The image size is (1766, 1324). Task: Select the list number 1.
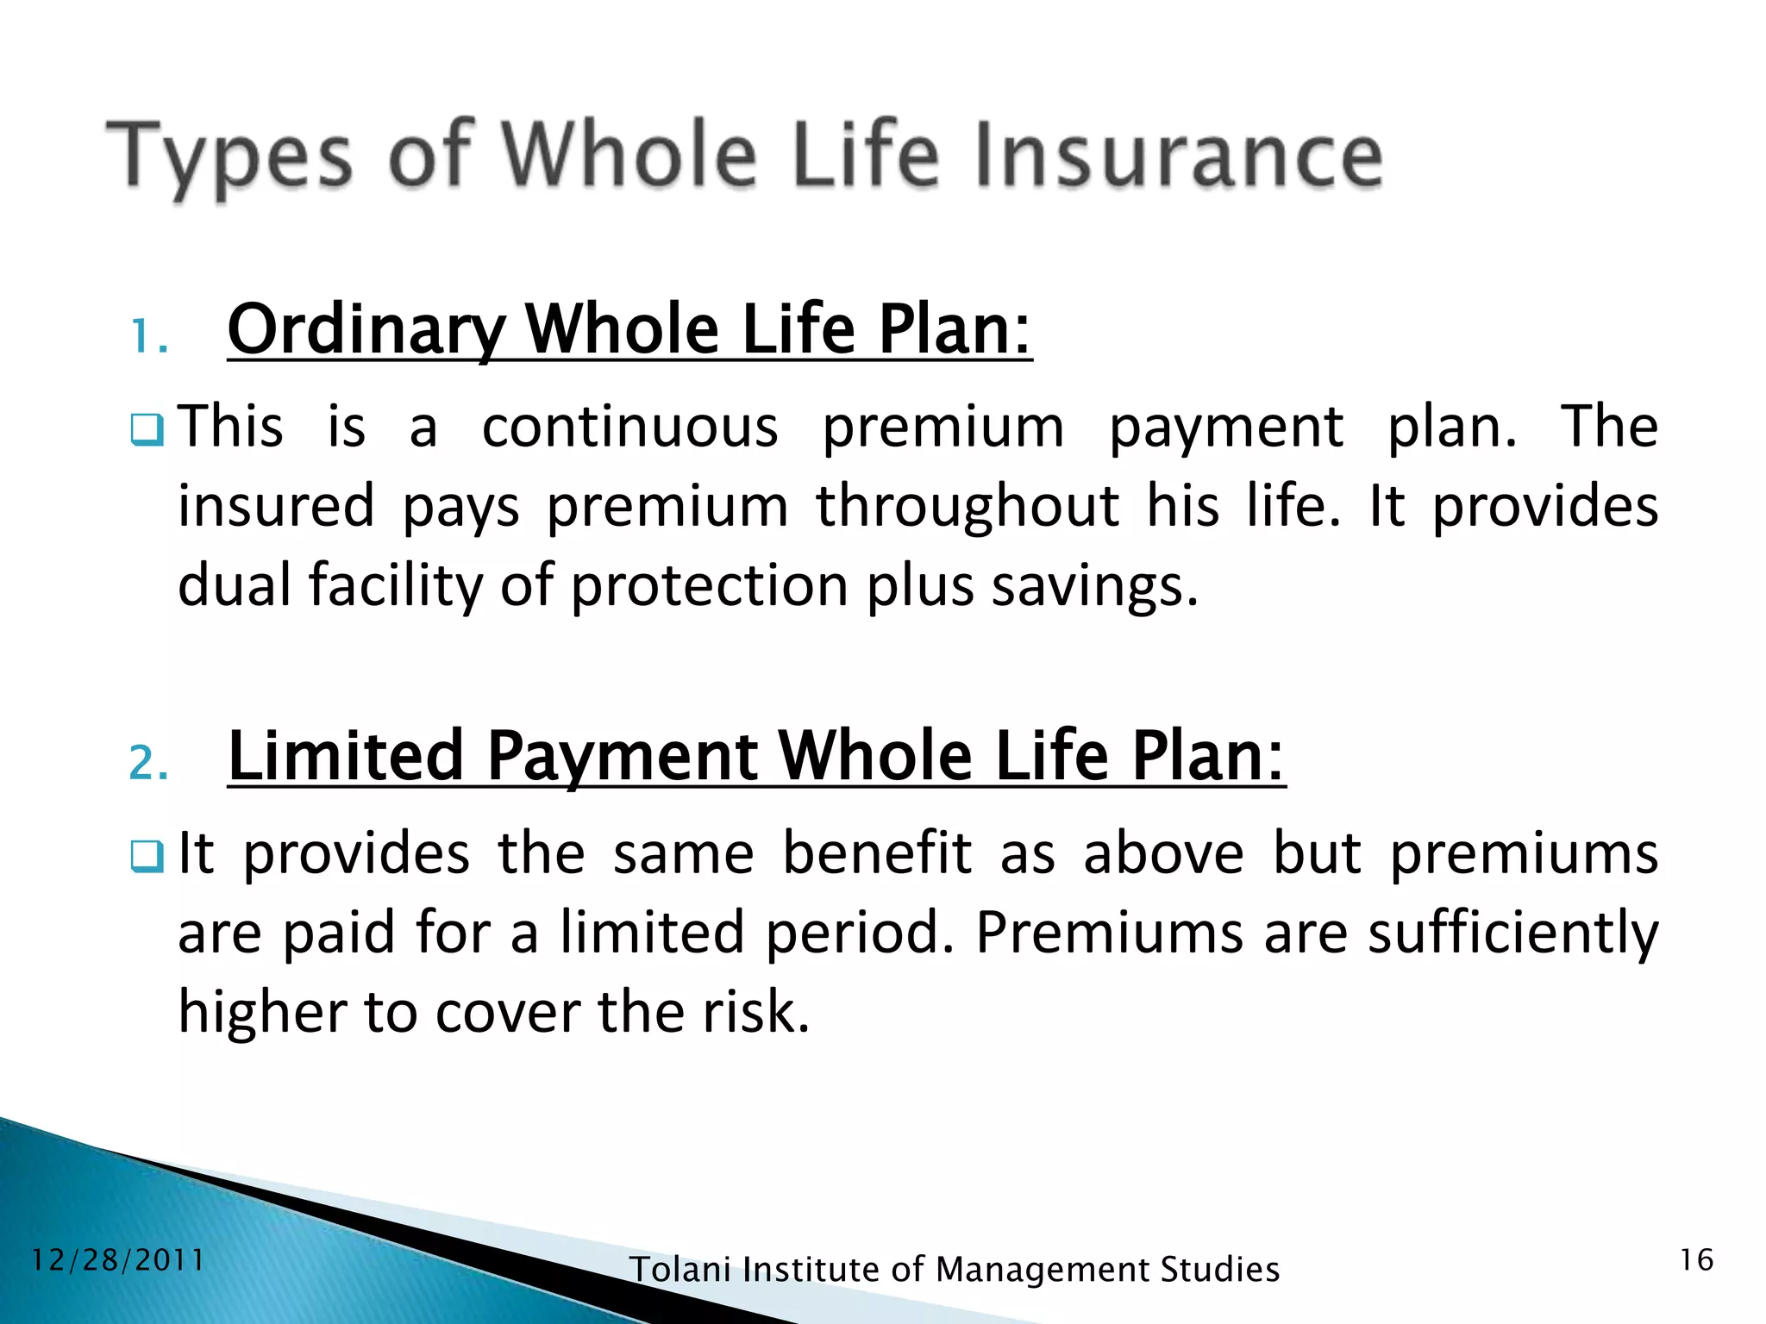tap(147, 336)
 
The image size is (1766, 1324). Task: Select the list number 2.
tap(147, 762)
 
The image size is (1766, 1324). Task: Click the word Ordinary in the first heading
tap(366, 331)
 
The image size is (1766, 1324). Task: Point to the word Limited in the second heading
tap(346, 756)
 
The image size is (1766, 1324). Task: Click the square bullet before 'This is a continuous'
tap(147, 429)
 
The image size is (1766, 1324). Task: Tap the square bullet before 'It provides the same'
tap(147, 856)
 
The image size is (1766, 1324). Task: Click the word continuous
tap(629, 428)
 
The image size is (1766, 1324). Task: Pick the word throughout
tap(968, 507)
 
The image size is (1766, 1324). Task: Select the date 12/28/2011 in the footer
tap(118, 1260)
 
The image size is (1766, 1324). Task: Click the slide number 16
tap(1696, 1260)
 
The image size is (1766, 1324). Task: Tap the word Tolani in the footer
tap(680, 1270)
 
